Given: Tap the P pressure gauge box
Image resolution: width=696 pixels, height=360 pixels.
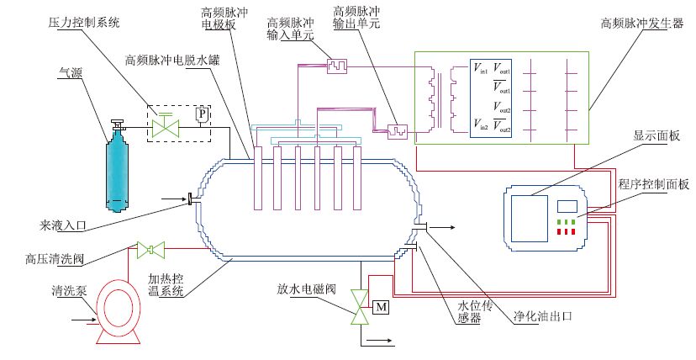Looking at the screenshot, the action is (x=203, y=115).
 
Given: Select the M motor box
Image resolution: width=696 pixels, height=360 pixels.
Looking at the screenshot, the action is (x=382, y=307).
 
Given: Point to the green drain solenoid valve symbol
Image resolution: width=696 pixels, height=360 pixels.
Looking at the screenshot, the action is (x=359, y=308).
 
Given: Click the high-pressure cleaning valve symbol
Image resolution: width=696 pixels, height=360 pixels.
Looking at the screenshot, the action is (x=150, y=250).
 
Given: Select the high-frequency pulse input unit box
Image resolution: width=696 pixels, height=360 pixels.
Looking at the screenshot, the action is (x=337, y=66).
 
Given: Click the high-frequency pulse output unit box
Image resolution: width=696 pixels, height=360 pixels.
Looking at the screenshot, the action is (x=398, y=132).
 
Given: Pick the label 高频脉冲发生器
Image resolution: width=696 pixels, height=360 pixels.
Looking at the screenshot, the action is (x=642, y=24).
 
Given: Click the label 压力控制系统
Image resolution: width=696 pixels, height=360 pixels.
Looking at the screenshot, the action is (x=84, y=22).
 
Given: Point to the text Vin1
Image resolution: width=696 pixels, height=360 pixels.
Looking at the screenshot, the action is (x=480, y=68).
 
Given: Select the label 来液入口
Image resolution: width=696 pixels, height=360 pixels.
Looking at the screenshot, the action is (x=62, y=226).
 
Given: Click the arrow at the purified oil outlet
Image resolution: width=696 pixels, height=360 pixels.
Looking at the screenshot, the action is (x=441, y=228).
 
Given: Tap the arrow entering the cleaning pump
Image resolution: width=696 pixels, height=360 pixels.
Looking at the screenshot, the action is (x=84, y=318).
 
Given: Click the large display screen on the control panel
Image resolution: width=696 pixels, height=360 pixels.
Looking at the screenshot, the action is (x=529, y=219).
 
